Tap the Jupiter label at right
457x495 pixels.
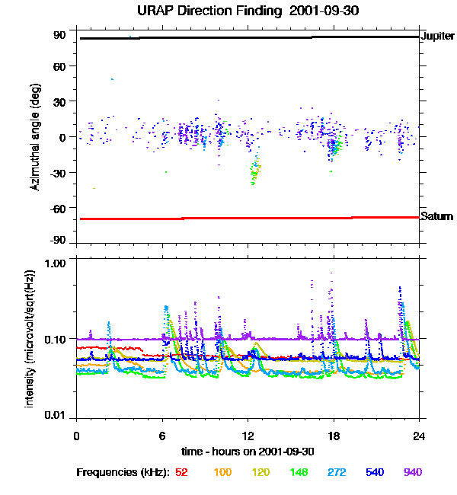[438, 36]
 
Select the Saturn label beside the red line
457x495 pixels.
[437, 216]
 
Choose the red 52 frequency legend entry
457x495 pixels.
[181, 472]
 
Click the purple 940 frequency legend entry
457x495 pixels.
[412, 472]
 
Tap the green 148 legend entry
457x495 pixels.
[298, 472]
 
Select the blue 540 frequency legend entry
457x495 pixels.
[375, 472]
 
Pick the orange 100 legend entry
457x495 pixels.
[222, 472]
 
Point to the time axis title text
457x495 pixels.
[248, 451]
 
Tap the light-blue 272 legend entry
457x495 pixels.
[336, 472]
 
